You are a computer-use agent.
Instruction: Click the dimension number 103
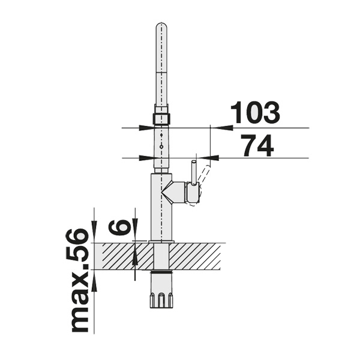tap(255, 113)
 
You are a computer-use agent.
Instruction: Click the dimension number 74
tap(257, 145)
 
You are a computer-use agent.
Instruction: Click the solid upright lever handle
tap(194, 172)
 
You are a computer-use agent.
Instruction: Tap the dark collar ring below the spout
tap(161, 118)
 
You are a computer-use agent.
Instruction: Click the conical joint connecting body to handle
tap(173, 193)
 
